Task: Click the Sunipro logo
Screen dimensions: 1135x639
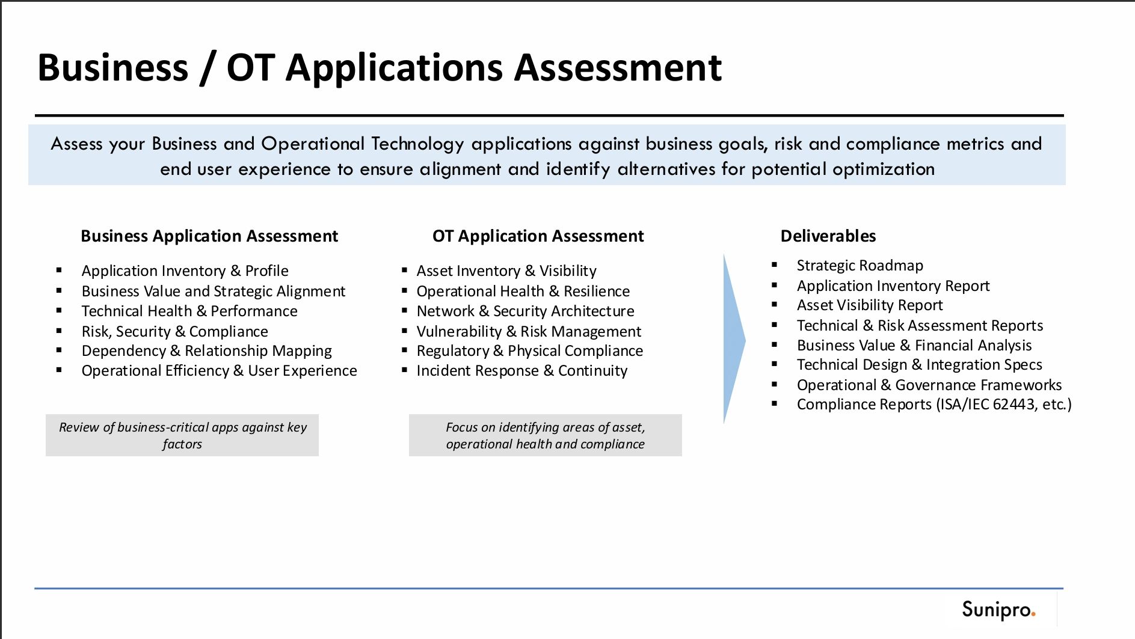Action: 998,610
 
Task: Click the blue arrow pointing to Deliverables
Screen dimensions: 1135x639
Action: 734,340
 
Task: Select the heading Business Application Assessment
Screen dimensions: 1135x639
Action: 209,236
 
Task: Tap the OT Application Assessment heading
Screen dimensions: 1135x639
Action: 538,236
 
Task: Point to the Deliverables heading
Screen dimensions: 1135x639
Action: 828,236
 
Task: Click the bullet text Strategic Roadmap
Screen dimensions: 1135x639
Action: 860,265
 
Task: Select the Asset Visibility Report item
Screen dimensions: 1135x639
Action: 870,305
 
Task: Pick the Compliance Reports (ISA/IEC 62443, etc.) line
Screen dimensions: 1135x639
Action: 934,405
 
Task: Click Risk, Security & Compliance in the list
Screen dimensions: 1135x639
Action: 174,331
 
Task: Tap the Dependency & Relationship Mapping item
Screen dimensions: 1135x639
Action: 206,351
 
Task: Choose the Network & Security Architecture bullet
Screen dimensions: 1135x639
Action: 525,311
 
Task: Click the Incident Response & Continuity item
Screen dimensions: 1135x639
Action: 521,371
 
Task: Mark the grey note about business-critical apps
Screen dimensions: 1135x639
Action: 182,435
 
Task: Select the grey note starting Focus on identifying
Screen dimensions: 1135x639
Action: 545,435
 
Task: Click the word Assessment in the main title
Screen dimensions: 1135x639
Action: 618,67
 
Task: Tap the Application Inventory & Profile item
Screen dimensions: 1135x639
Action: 185,271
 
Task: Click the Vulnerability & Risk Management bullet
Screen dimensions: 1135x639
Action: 529,331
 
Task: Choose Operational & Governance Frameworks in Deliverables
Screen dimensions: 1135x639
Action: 929,385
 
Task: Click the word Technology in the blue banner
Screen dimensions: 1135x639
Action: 417,144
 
